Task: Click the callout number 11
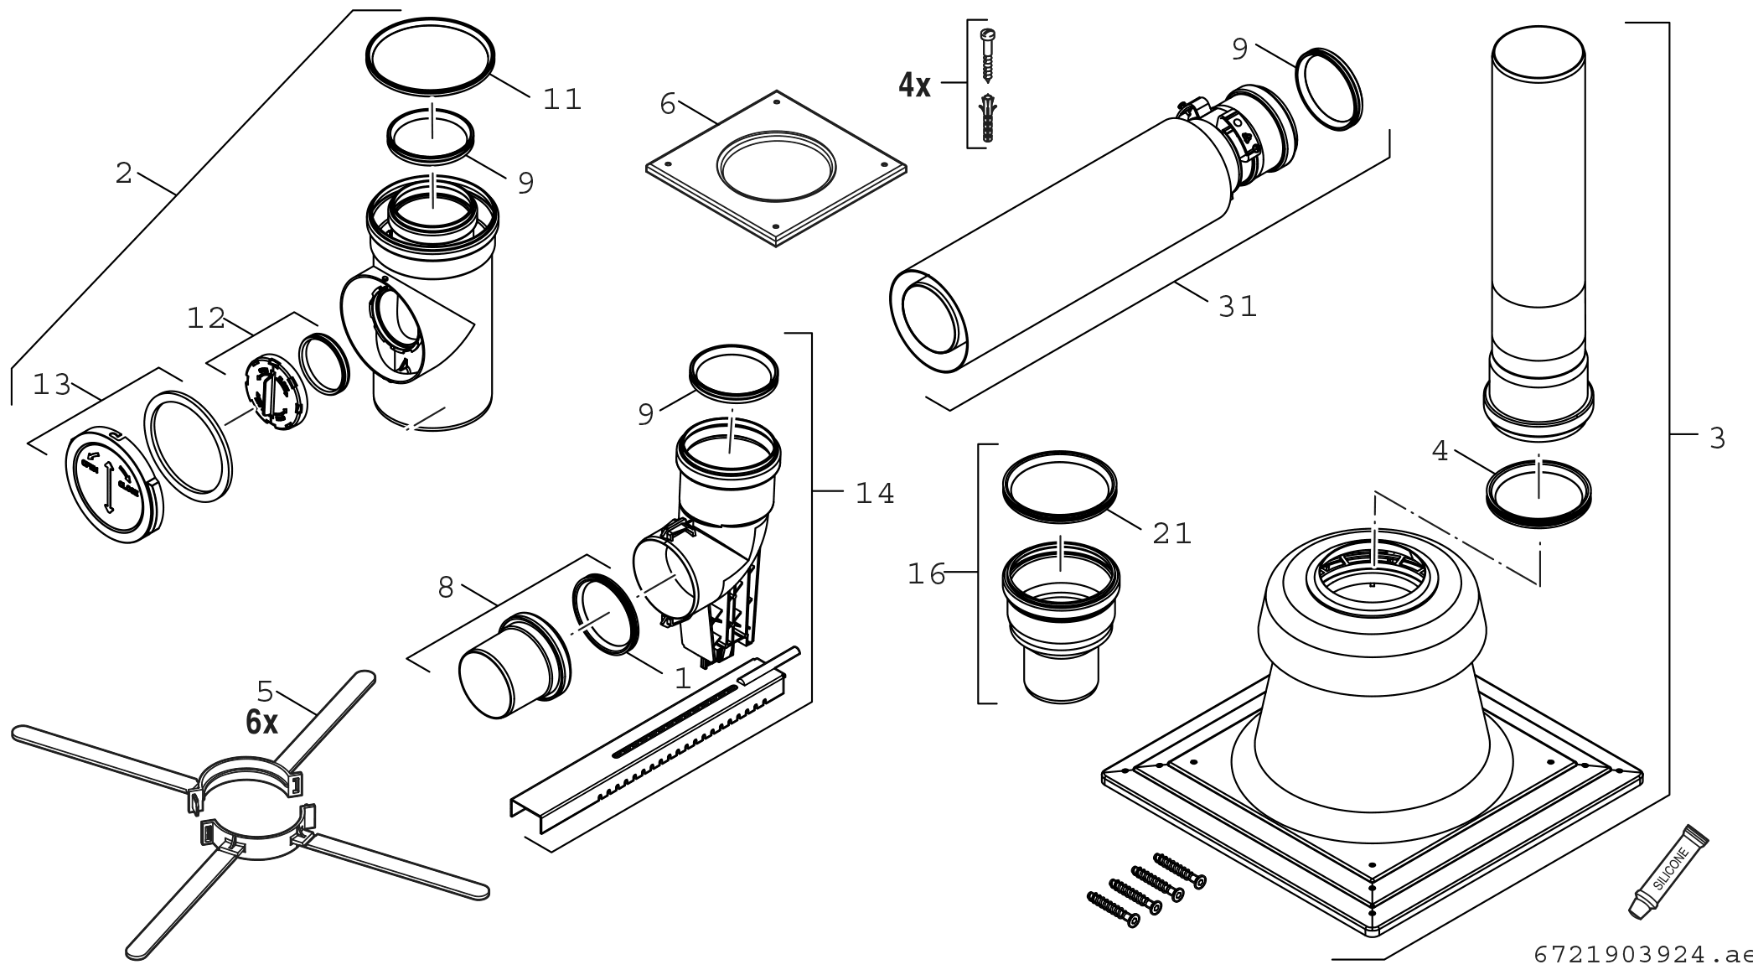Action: pos(561,100)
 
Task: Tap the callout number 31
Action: pos(1238,307)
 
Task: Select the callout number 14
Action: pos(875,494)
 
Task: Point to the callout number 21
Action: pos(1171,533)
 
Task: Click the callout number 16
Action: pos(926,574)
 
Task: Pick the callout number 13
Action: pos(51,386)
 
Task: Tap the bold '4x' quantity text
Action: pos(914,85)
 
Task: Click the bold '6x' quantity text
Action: pos(261,722)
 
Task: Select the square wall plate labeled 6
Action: pos(776,168)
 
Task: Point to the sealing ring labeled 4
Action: pos(1538,495)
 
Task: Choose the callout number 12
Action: pos(206,319)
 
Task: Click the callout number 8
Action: pos(446,589)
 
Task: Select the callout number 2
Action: pos(124,174)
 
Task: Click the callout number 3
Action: pos(1717,437)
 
